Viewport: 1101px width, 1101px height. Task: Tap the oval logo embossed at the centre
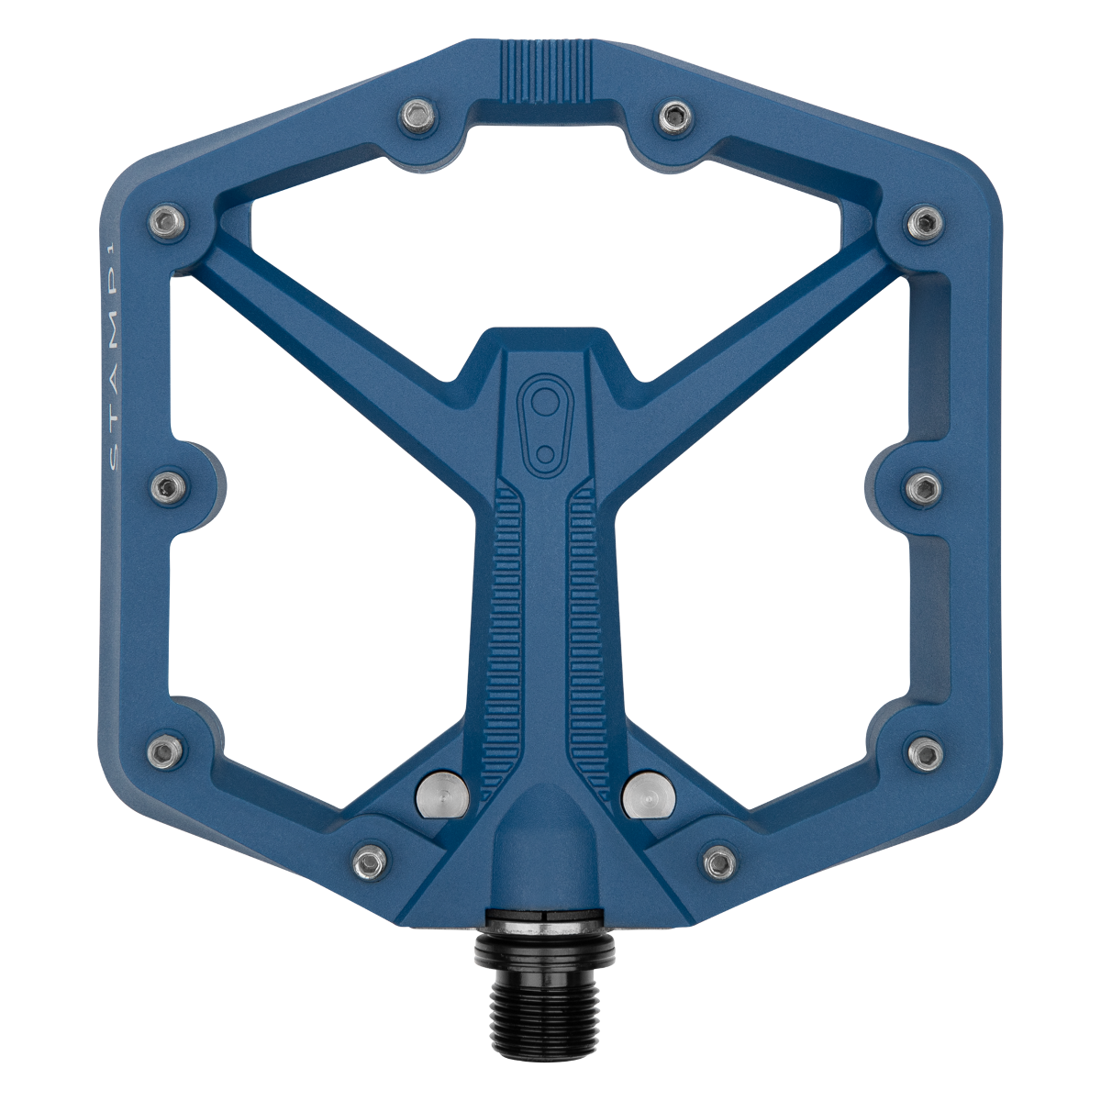coord(545,425)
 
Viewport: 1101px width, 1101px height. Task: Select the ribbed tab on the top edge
coord(546,72)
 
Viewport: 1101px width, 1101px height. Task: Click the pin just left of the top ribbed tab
coord(418,115)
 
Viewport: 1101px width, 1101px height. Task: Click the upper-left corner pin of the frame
coord(167,221)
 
